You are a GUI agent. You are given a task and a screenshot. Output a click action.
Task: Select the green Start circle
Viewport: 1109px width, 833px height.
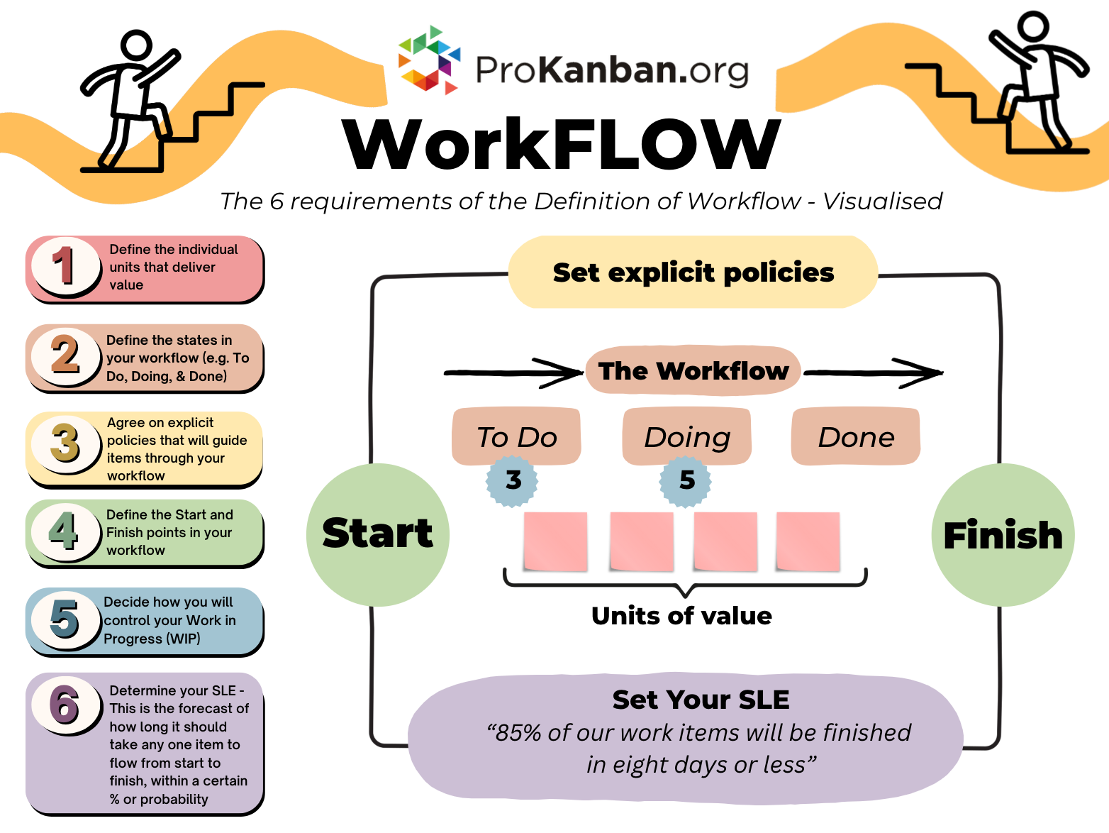coord(377,534)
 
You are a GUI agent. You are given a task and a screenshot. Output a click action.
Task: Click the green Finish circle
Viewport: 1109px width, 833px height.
coord(1003,535)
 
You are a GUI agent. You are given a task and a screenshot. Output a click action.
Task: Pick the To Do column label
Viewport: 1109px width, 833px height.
coord(517,436)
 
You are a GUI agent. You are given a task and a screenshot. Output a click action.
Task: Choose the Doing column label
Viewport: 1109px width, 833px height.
coord(686,436)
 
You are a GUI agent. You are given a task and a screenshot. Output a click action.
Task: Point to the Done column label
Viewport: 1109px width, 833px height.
coord(856,436)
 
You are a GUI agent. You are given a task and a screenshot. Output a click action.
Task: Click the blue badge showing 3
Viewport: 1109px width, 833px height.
coord(513,480)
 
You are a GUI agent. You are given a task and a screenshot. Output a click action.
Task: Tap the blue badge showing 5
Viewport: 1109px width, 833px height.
coord(686,480)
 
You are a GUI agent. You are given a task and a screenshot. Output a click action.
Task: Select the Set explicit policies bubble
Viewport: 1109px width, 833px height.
coord(693,272)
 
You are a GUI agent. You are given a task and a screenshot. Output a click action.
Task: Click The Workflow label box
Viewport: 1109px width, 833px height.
coord(693,371)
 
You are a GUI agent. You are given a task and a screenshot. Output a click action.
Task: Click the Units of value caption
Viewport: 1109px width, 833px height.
coord(681,615)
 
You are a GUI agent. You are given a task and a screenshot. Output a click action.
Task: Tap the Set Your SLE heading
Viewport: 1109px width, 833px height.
coord(701,700)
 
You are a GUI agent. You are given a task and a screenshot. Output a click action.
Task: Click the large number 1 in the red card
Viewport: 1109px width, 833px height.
coord(64,266)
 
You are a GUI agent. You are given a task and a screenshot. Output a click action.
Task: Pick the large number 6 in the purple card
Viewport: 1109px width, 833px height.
coord(64,705)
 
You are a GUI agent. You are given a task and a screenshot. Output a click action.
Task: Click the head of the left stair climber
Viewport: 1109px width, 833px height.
coord(136,45)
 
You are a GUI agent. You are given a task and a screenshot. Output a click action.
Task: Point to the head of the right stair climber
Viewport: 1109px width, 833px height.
coord(1032,26)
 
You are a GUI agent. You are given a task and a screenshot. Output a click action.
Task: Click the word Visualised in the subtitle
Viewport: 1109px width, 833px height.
coord(882,202)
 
